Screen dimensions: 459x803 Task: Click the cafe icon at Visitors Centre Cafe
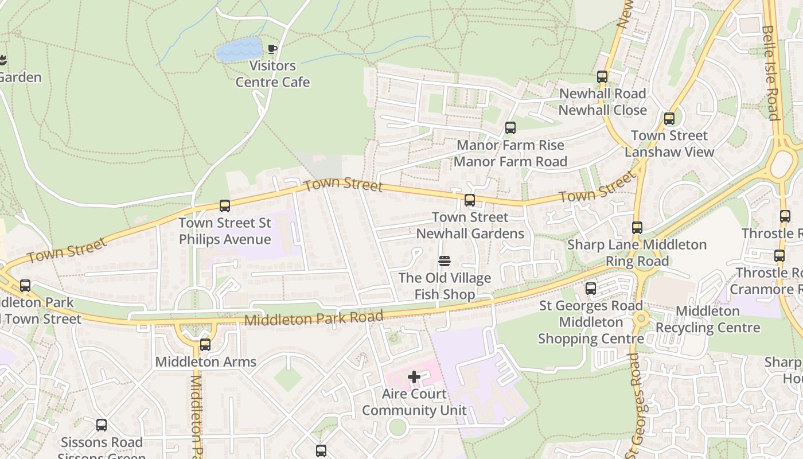click(x=272, y=49)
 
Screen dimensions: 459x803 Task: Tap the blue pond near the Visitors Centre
click(x=239, y=50)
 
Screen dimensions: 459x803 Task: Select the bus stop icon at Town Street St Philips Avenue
click(x=225, y=206)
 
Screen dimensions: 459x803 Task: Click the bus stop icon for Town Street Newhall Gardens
click(x=470, y=200)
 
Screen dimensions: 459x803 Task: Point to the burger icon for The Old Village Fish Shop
click(x=444, y=262)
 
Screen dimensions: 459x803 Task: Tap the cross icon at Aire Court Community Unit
click(x=414, y=377)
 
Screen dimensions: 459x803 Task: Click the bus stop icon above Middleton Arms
click(x=205, y=345)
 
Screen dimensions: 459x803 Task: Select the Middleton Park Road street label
click(x=314, y=318)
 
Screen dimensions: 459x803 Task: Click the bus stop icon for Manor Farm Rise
click(x=510, y=128)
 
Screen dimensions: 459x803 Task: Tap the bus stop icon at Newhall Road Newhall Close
click(x=602, y=77)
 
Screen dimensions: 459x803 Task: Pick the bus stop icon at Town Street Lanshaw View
click(x=669, y=119)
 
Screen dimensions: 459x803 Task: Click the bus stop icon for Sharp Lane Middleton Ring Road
click(x=637, y=228)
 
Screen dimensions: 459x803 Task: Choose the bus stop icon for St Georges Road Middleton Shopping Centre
click(x=591, y=289)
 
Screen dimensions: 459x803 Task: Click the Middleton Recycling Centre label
click(x=708, y=320)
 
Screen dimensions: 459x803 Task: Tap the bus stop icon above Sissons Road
click(x=102, y=425)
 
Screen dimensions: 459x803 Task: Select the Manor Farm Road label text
click(x=510, y=162)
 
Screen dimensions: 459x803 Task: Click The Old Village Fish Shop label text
click(x=445, y=286)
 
